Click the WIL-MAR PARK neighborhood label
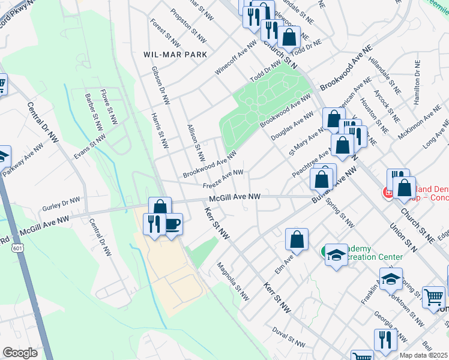click(x=175, y=54)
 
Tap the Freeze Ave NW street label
click(x=223, y=178)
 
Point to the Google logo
click(x=20, y=353)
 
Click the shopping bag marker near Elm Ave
click(x=297, y=239)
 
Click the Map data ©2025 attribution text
click(x=423, y=355)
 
